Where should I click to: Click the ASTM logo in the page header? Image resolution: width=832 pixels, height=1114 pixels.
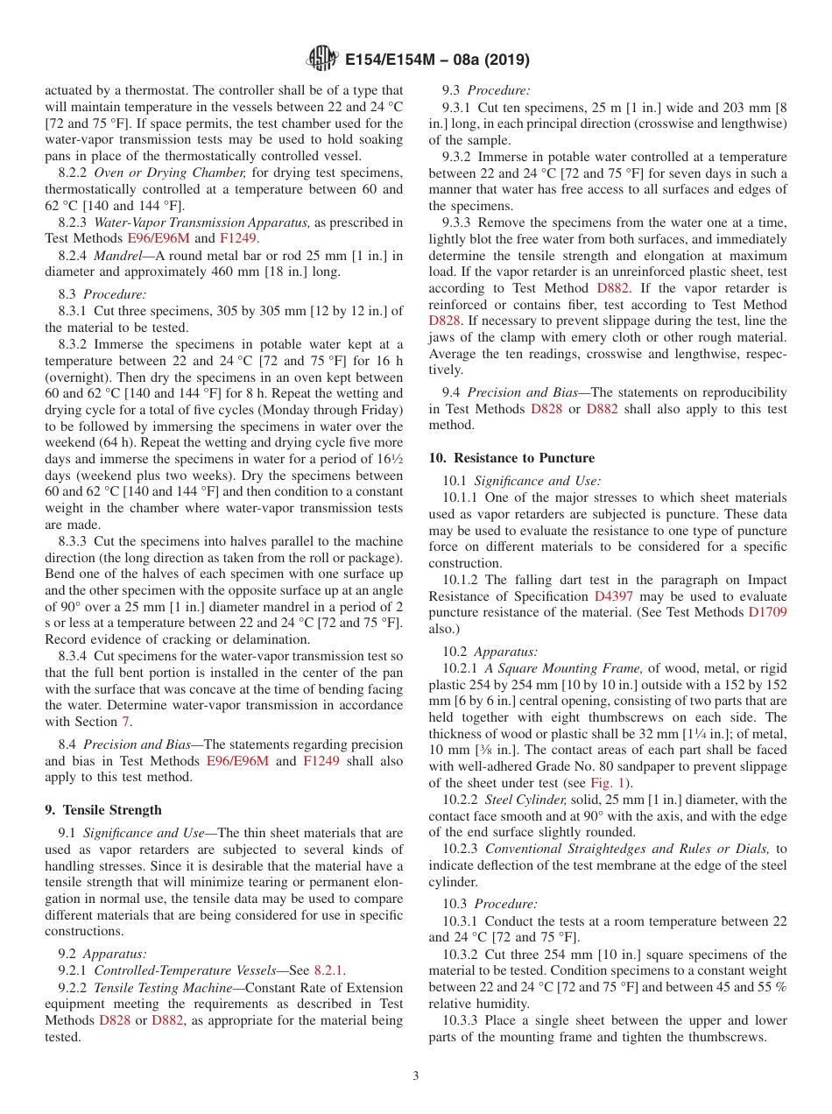(x=323, y=60)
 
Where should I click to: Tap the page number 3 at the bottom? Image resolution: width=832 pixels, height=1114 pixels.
(x=416, y=1076)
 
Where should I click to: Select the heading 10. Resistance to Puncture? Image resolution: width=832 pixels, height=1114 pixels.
(x=511, y=458)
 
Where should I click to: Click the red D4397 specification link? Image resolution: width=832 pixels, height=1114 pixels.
(x=614, y=596)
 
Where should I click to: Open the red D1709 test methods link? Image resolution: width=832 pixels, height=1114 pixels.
(x=767, y=612)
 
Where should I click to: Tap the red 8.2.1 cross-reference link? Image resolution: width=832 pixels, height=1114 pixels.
(x=329, y=970)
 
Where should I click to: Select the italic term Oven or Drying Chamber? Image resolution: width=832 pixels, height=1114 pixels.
(x=170, y=173)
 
